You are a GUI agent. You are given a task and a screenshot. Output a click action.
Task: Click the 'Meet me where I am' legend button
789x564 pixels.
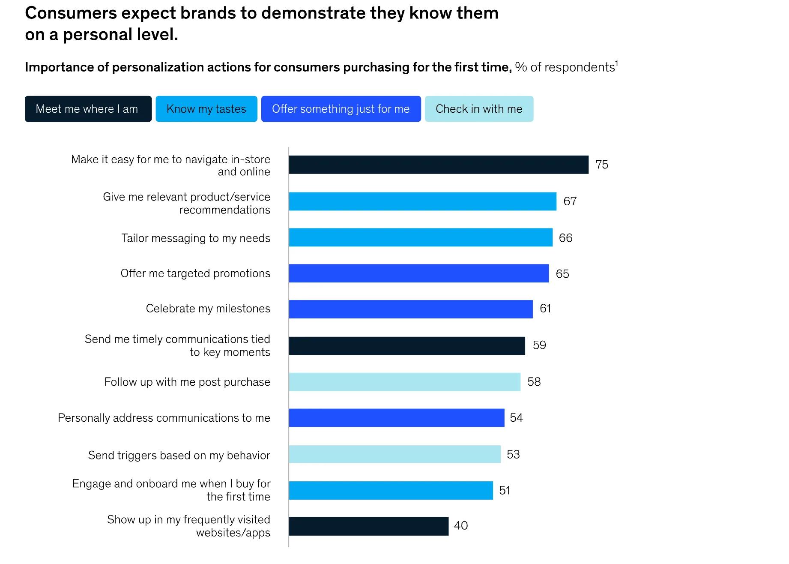coord(88,109)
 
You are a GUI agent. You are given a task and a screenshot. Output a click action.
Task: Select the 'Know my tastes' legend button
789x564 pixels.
coord(206,109)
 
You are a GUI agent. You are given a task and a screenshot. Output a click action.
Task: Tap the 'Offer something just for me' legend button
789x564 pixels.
coord(341,109)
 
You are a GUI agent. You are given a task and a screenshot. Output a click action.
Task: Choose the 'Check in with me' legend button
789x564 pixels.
coord(479,109)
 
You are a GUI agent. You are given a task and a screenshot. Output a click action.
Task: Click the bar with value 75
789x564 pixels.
coord(439,165)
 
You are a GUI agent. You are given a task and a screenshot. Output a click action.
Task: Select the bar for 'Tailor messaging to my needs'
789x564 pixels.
coord(421,237)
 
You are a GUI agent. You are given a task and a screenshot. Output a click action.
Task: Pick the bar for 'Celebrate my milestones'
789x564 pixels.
coord(411,309)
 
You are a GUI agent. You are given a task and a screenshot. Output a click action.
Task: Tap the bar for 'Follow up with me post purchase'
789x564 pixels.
coord(405,382)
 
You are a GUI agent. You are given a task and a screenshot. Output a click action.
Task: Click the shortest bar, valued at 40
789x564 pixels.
coord(369,526)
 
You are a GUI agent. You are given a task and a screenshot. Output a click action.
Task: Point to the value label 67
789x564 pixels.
coord(570,201)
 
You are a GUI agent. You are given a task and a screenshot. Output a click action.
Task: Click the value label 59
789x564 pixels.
coord(539,345)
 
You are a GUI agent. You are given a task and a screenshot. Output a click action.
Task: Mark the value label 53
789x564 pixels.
coord(513,454)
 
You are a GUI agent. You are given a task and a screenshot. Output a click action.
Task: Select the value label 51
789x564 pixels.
coord(505,490)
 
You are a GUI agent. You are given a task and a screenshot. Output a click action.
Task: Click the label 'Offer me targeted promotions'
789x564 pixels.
coord(195,273)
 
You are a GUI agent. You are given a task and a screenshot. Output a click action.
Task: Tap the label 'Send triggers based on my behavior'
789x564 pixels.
coord(179,455)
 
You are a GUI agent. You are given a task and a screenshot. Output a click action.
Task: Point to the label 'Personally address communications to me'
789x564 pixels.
coord(164,418)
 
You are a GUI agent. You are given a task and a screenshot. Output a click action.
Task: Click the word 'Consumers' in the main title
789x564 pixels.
coord(71,13)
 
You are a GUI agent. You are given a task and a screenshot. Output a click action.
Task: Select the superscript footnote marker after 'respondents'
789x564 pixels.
coord(617,63)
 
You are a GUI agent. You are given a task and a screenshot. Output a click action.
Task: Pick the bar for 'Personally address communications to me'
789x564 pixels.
coord(397,418)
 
